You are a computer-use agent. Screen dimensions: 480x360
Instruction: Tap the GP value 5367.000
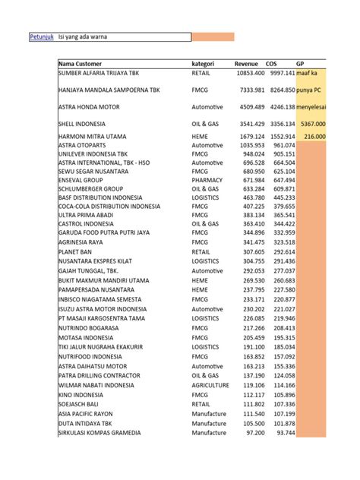(313, 123)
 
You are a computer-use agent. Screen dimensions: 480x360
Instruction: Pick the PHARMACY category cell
(209, 180)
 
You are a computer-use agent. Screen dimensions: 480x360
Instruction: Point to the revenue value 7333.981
(250, 90)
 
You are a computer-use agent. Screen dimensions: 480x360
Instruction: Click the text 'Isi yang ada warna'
(84, 37)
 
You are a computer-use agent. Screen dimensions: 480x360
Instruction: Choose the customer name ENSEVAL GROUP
(81, 180)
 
